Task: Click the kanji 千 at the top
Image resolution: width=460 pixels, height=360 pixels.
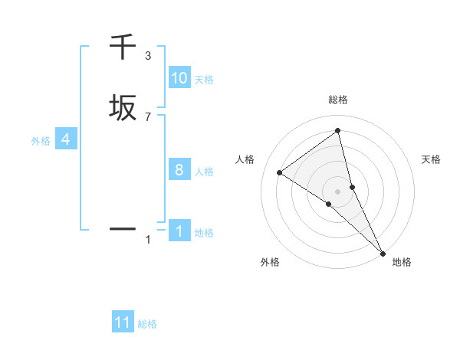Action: point(123,47)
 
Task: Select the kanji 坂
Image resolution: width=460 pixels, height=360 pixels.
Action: point(123,108)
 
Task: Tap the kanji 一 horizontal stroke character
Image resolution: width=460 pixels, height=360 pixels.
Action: point(123,228)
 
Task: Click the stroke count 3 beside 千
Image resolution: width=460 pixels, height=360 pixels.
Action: point(148,56)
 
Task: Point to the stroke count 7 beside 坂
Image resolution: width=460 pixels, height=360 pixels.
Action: point(148,116)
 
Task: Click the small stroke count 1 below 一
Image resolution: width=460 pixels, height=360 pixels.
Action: point(148,240)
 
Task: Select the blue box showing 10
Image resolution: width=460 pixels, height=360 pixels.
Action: point(179,78)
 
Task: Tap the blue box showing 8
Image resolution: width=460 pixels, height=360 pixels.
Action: point(179,170)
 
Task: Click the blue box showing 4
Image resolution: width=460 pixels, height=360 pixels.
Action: point(66,140)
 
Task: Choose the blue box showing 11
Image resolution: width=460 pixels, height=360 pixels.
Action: point(123,322)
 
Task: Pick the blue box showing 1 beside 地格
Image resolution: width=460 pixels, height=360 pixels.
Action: point(179,231)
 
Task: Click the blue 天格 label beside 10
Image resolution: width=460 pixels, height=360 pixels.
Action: point(204,79)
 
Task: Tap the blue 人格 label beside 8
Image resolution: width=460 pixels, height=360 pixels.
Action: point(204,171)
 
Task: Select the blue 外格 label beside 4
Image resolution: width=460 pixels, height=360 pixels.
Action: point(41,141)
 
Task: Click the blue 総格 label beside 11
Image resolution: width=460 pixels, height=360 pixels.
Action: point(147,324)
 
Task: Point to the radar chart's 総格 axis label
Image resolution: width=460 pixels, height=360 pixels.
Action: point(338,100)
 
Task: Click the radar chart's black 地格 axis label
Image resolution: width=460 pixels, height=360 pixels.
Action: point(402,262)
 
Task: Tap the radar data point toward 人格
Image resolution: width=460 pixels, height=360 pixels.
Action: point(280,172)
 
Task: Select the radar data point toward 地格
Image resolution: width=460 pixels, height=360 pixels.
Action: point(383,251)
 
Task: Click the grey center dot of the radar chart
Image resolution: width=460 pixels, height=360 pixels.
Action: point(338,191)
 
